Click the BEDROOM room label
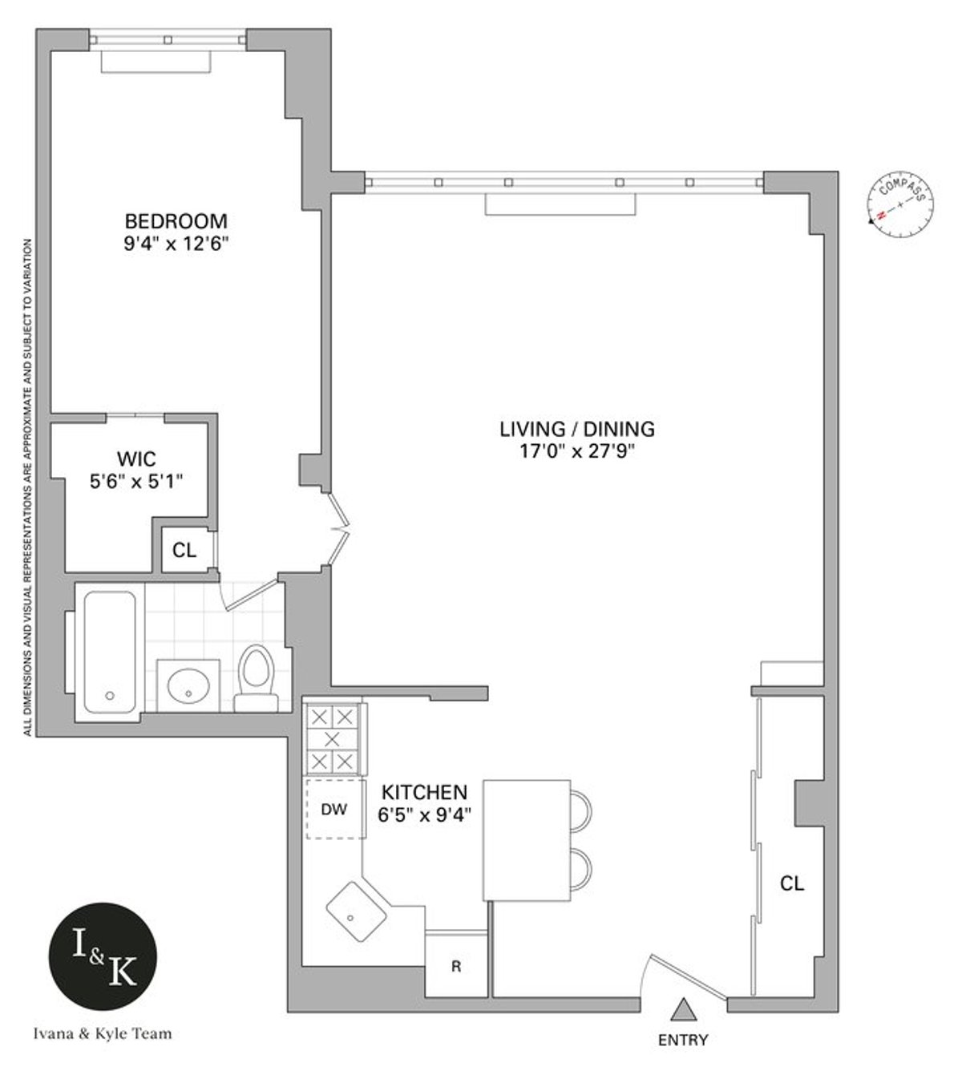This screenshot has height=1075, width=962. [176, 220]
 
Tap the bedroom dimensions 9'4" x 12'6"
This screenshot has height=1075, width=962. [176, 242]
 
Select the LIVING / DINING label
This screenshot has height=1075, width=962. [576, 429]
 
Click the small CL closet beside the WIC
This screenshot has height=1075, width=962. [184, 551]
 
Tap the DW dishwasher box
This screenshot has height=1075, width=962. [334, 809]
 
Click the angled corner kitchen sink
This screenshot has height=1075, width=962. [357, 911]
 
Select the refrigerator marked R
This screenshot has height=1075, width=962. [455, 967]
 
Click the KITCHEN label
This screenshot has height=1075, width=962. [423, 792]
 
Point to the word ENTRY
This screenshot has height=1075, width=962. [683, 1041]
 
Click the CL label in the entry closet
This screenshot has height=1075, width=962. [792, 883]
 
